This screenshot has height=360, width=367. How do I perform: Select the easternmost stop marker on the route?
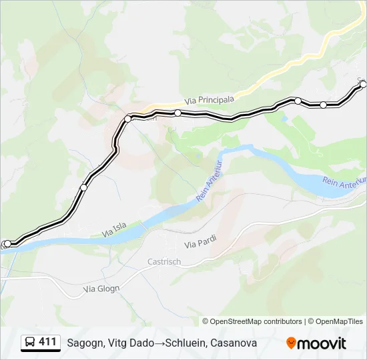[363, 84]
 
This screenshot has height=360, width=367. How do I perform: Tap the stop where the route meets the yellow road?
[127, 119]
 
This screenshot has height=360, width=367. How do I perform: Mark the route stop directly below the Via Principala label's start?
[178, 113]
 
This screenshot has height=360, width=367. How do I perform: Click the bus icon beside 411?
[29, 343]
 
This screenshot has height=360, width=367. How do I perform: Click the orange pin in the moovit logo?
[291, 343]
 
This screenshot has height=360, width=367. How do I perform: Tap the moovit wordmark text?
[322, 343]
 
